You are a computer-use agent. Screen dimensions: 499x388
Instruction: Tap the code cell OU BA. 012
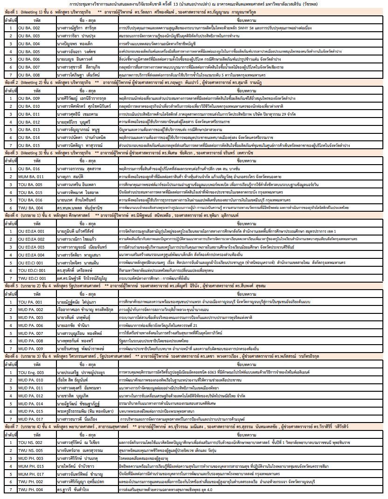[29, 121]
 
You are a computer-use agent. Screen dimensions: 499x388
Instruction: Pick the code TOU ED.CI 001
[31, 270]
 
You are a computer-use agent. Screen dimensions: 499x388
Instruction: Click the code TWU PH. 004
[30, 490]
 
